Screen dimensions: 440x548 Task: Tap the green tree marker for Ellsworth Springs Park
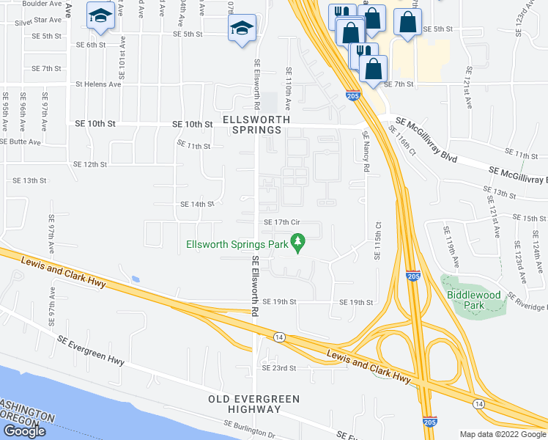(x=297, y=240)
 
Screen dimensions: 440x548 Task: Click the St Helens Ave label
(x=99, y=84)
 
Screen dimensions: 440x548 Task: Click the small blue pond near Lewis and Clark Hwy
(x=136, y=279)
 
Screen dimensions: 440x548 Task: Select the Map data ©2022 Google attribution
(x=503, y=434)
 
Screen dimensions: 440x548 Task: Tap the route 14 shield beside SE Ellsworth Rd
(x=279, y=337)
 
